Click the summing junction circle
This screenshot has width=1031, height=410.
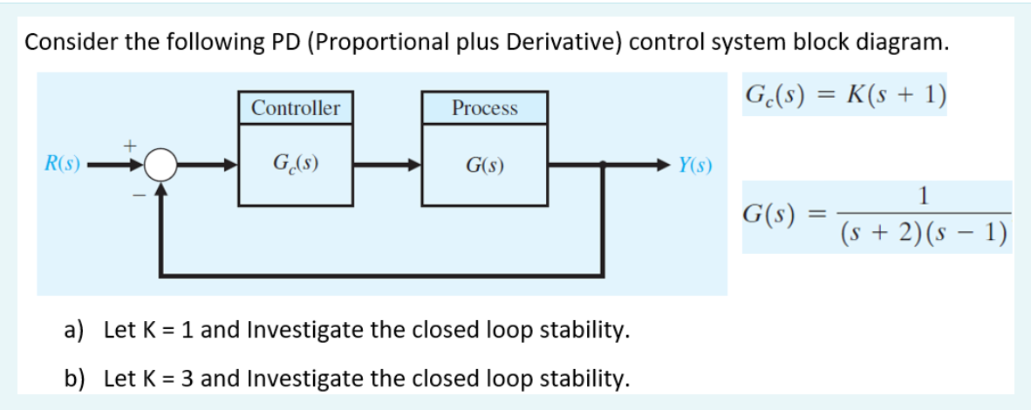coord(160,163)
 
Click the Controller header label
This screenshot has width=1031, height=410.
coord(296,109)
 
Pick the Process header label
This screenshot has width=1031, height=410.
coord(485,109)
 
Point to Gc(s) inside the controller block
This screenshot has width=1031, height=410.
coord(296,163)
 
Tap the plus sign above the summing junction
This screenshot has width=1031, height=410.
coord(133,140)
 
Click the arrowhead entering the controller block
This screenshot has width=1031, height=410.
coord(231,163)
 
